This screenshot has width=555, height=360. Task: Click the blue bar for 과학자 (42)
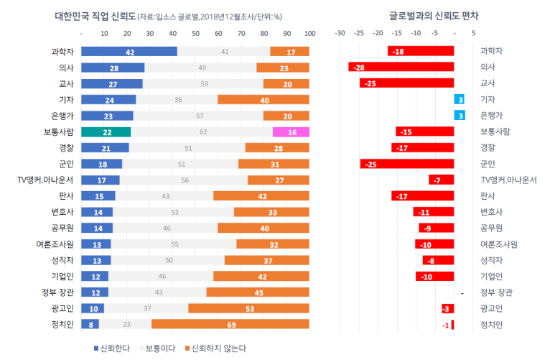point(129,52)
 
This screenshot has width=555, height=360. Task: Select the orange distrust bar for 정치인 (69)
point(230,325)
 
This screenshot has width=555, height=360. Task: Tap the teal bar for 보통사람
point(106,131)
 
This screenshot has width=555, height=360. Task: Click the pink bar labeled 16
point(292,131)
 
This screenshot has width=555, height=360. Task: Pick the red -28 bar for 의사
point(401,68)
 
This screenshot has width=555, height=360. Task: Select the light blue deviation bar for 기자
point(460,99)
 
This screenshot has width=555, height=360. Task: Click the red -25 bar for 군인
point(407,164)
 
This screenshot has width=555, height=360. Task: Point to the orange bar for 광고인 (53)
point(249,308)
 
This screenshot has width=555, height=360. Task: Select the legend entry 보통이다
point(158,348)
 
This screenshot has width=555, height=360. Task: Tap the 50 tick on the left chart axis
point(196,33)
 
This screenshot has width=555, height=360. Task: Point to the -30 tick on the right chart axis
point(340,33)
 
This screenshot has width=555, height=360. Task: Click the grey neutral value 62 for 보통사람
point(203,131)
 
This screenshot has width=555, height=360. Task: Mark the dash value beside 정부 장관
point(463,293)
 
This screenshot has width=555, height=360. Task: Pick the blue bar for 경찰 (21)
point(105,148)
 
